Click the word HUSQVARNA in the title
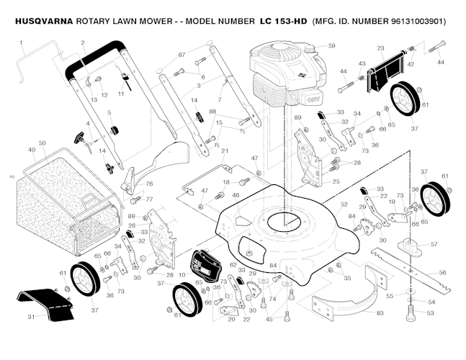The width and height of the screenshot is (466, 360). coord(42,22)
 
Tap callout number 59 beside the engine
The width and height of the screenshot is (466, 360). coord(332,45)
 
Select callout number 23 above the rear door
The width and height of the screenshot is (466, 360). coord(381,48)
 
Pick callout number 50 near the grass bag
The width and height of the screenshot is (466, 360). coord(42,143)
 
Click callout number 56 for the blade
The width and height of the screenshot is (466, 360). coord(443,272)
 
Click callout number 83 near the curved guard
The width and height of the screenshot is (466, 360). coord(380,313)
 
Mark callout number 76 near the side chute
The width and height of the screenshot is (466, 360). coord(149,184)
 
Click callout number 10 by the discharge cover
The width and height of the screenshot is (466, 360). coord(182,275)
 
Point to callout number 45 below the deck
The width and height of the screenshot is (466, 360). coord(269,319)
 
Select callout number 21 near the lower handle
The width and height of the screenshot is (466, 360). coord(225,150)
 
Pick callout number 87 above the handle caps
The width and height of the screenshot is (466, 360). coord(182,55)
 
